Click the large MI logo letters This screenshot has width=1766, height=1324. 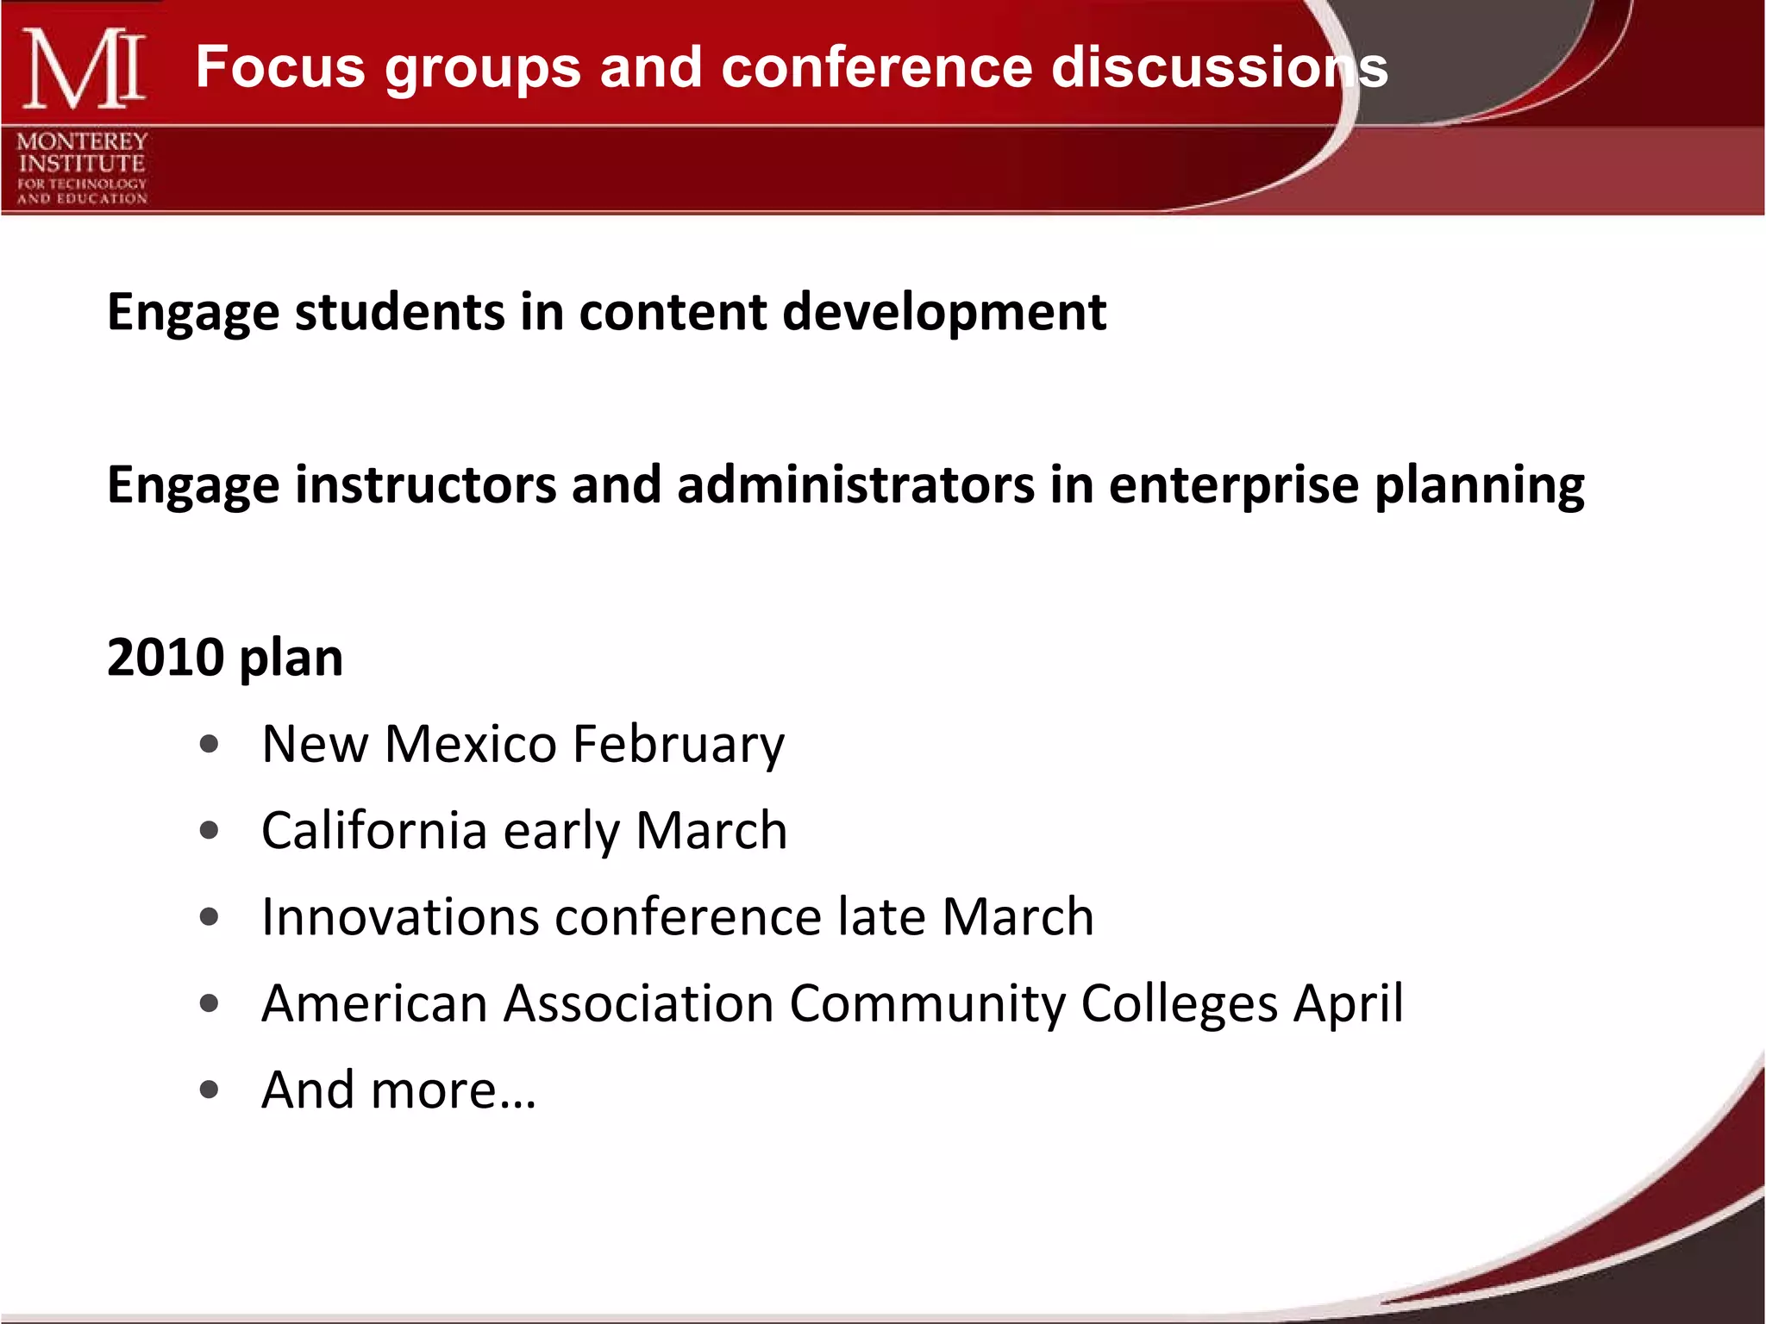(83, 69)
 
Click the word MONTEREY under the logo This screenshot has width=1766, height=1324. (82, 141)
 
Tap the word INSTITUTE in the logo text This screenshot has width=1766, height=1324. (82, 163)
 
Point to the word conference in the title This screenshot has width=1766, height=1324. (876, 67)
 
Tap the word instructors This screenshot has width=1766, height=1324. (426, 484)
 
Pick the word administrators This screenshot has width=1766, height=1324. (855, 484)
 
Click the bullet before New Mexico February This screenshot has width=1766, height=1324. (209, 744)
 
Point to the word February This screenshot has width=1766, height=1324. (678, 744)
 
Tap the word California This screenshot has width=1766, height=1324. (374, 830)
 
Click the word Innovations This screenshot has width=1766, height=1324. (400, 916)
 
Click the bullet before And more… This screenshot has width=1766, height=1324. (209, 1090)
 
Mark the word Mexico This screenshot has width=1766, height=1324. (470, 744)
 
